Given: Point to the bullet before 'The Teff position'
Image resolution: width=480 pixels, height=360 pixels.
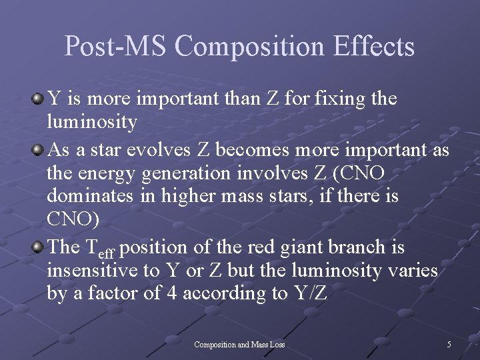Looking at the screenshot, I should tap(38, 247).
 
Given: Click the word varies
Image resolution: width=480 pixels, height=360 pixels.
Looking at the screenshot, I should tap(415, 271).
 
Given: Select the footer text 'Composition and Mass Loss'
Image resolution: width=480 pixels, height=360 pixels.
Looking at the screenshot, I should tap(239, 344).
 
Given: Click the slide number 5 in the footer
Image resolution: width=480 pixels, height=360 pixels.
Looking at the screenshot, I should tap(449, 344).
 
